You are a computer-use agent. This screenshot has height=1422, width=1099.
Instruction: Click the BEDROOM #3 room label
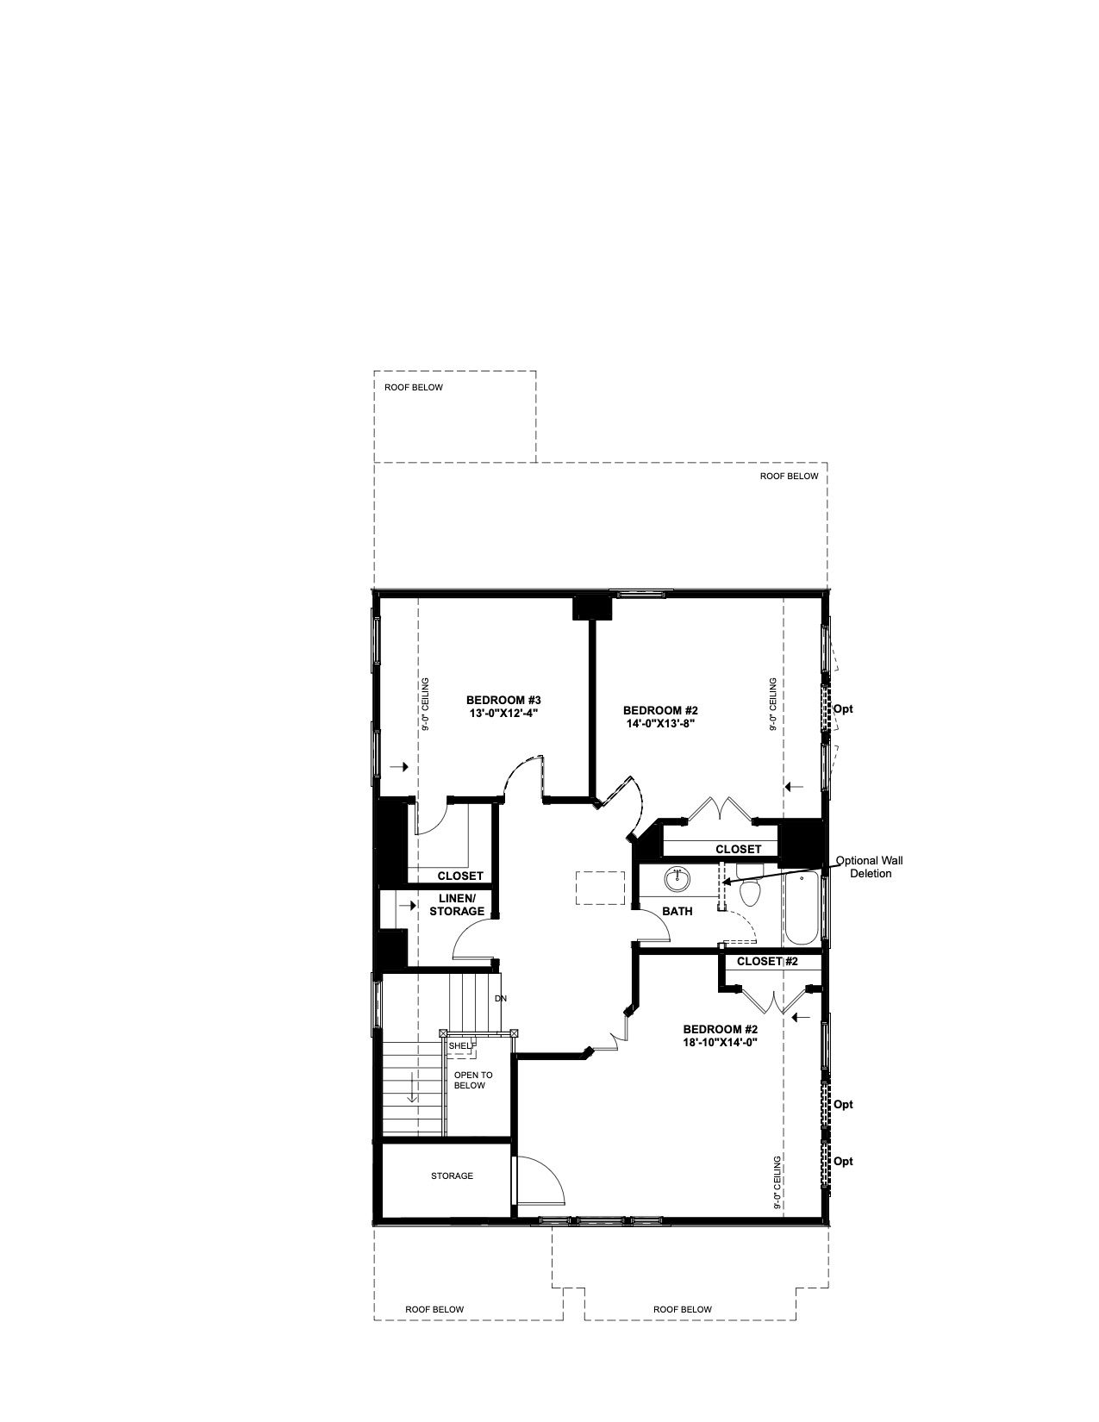503,700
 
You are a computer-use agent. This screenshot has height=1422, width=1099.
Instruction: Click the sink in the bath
678,879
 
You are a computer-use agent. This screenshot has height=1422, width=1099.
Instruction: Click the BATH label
677,911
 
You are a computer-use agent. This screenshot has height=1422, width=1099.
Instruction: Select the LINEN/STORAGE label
457,905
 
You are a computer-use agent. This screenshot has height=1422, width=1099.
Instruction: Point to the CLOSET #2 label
767,961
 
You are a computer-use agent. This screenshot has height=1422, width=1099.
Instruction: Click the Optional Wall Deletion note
870,867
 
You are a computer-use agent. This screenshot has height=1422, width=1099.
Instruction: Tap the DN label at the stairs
501,999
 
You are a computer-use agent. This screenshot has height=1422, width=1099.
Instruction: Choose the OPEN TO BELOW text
472,1080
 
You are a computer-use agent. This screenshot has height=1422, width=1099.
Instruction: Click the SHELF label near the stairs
462,1045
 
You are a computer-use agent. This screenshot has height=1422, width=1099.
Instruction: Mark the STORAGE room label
452,1176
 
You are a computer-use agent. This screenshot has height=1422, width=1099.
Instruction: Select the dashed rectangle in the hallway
600,888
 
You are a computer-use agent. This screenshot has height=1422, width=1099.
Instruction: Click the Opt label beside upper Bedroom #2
843,708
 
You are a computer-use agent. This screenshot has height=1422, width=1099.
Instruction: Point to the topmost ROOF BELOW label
414,388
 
